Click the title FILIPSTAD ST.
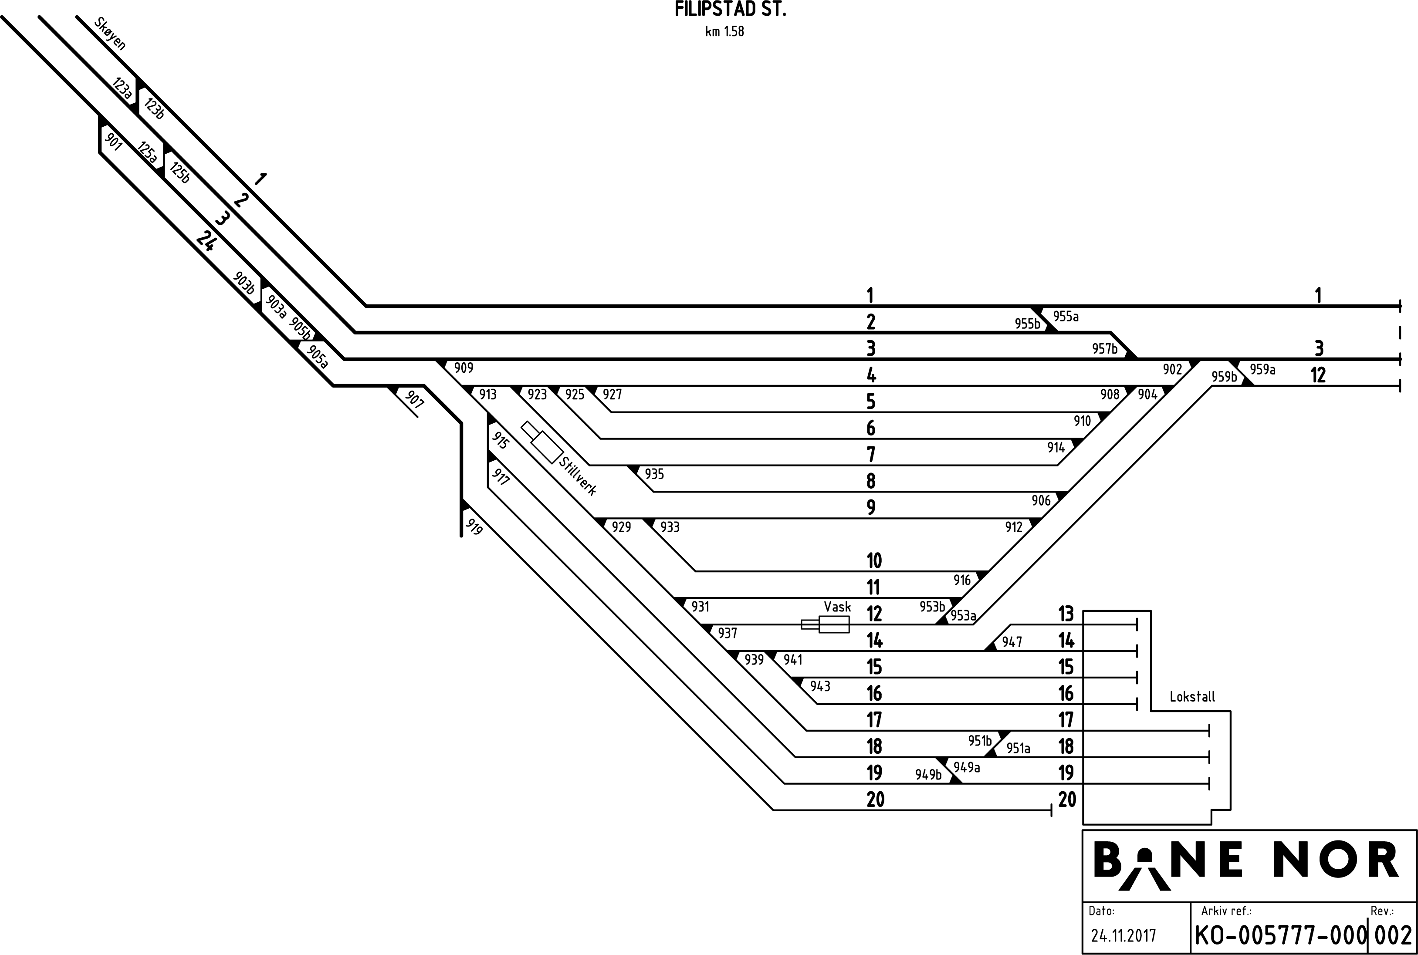(730, 10)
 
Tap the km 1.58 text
(724, 32)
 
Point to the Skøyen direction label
(110, 34)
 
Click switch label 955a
(1066, 316)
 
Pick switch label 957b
(1105, 349)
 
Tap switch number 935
(654, 474)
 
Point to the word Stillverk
(577, 476)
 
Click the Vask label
(838, 607)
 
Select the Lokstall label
(1192, 697)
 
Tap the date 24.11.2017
(1123, 935)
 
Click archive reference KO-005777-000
(1280, 935)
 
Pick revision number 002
(1394, 935)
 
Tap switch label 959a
(1262, 370)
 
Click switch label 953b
(932, 607)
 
